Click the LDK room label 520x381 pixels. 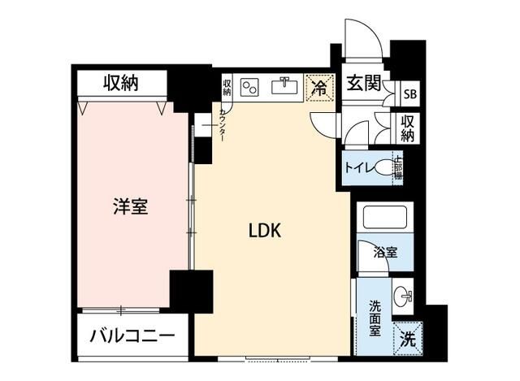click(x=264, y=231)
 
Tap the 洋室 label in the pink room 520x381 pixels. click(x=130, y=207)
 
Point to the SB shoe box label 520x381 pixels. click(x=412, y=92)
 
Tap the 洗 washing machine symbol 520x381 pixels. click(x=406, y=340)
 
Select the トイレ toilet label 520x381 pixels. click(x=358, y=169)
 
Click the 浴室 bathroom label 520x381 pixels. click(x=385, y=253)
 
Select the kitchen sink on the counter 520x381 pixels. click(x=285, y=86)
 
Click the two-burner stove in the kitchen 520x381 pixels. click(x=249, y=86)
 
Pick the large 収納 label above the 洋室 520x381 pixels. click(x=122, y=82)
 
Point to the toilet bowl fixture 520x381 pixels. click(x=388, y=168)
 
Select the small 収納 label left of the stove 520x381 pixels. click(x=227, y=85)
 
